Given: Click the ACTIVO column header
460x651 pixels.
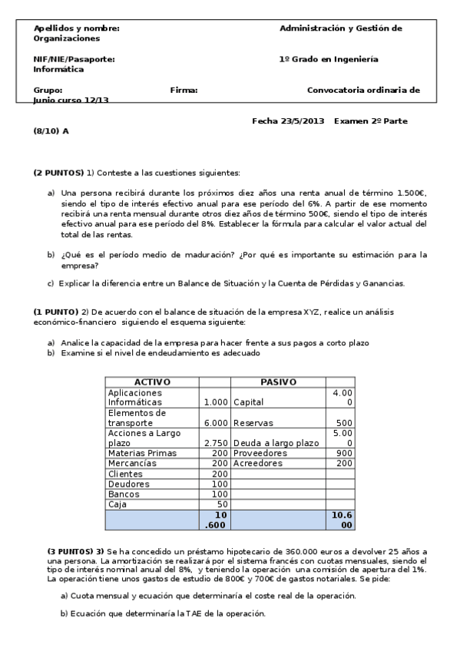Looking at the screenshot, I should (152, 382).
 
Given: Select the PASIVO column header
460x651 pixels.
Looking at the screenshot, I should (280, 382).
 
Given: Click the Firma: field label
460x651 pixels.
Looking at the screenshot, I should (184, 90).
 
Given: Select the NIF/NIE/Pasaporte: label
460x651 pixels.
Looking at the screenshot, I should (74, 58).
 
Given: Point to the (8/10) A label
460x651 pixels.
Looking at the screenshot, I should (51, 131).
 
